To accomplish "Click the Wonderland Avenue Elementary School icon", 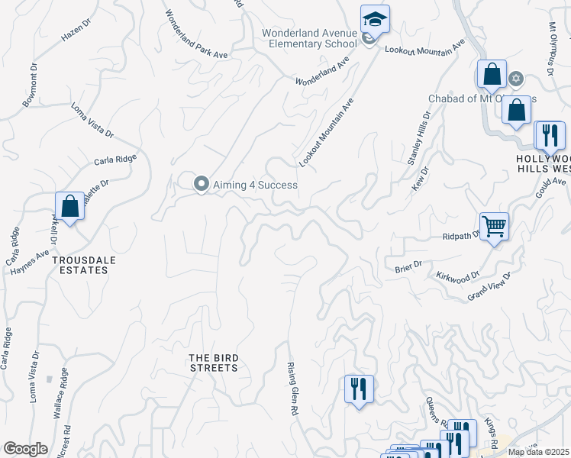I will point(375,19).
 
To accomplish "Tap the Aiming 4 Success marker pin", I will point(202,184).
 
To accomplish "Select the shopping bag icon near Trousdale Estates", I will point(69,206).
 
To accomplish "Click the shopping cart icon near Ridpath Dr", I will point(495,226).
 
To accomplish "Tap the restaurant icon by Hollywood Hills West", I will point(549,135).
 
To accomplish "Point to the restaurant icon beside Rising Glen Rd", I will point(356,389).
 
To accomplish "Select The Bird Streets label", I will point(214,363).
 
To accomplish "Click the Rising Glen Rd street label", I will point(292,389).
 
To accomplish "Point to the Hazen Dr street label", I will point(76,32).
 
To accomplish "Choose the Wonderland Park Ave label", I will point(197,34).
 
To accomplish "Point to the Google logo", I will point(25,449).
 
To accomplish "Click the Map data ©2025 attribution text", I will point(539,452).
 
